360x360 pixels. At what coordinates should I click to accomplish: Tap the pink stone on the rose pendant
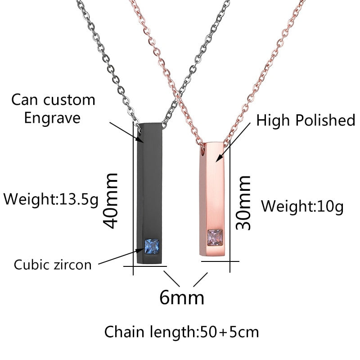[x=215, y=236]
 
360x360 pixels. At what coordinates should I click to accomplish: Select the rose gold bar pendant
[x=213, y=193]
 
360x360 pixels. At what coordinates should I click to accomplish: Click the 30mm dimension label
[x=244, y=202]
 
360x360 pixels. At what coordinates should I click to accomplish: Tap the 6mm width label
[x=182, y=297]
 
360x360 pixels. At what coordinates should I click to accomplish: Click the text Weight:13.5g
[x=51, y=198]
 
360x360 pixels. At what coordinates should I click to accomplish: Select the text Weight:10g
[x=302, y=207]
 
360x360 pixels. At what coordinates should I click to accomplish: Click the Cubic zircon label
[x=53, y=264]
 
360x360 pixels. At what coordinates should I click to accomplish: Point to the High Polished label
[x=306, y=120]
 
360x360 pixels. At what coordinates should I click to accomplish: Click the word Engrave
[x=52, y=118]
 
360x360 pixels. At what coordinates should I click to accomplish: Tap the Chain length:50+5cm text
[x=182, y=332]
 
